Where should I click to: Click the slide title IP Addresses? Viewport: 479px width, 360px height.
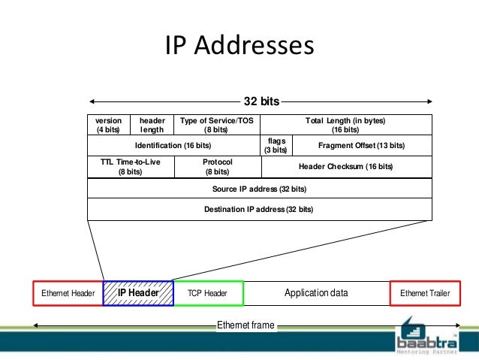click(239, 45)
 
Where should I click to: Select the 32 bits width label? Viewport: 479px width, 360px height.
click(261, 101)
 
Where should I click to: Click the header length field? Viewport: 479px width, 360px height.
click(152, 124)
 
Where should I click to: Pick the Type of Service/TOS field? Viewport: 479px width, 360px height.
click(216, 124)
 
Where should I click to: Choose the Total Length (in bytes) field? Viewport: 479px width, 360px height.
click(345, 124)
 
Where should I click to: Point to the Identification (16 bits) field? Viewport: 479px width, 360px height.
click(173, 145)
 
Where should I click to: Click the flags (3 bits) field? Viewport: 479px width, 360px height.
click(276, 145)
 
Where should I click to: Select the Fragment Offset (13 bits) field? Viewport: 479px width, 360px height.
click(361, 145)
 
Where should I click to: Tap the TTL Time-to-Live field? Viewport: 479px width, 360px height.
click(131, 166)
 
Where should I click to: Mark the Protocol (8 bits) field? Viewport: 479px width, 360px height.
click(216, 166)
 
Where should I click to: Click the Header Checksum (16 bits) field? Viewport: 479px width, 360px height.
click(345, 166)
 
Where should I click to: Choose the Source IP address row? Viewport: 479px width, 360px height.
click(260, 188)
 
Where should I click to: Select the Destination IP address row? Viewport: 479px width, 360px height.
click(260, 209)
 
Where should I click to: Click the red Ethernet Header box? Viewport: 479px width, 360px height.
click(68, 293)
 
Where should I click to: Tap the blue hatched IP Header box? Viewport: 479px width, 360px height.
click(138, 293)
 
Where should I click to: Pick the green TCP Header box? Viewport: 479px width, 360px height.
click(208, 293)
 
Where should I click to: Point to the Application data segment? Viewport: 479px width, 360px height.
click(316, 293)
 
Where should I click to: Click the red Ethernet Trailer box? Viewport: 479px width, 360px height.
click(424, 293)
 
